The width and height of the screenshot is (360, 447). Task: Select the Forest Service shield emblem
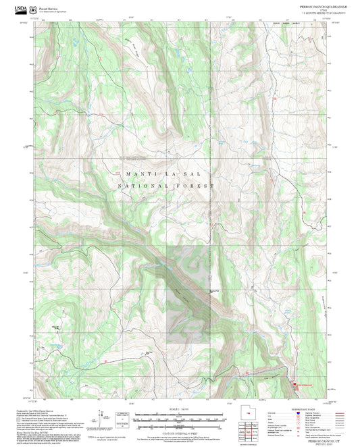[x=35, y=9]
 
